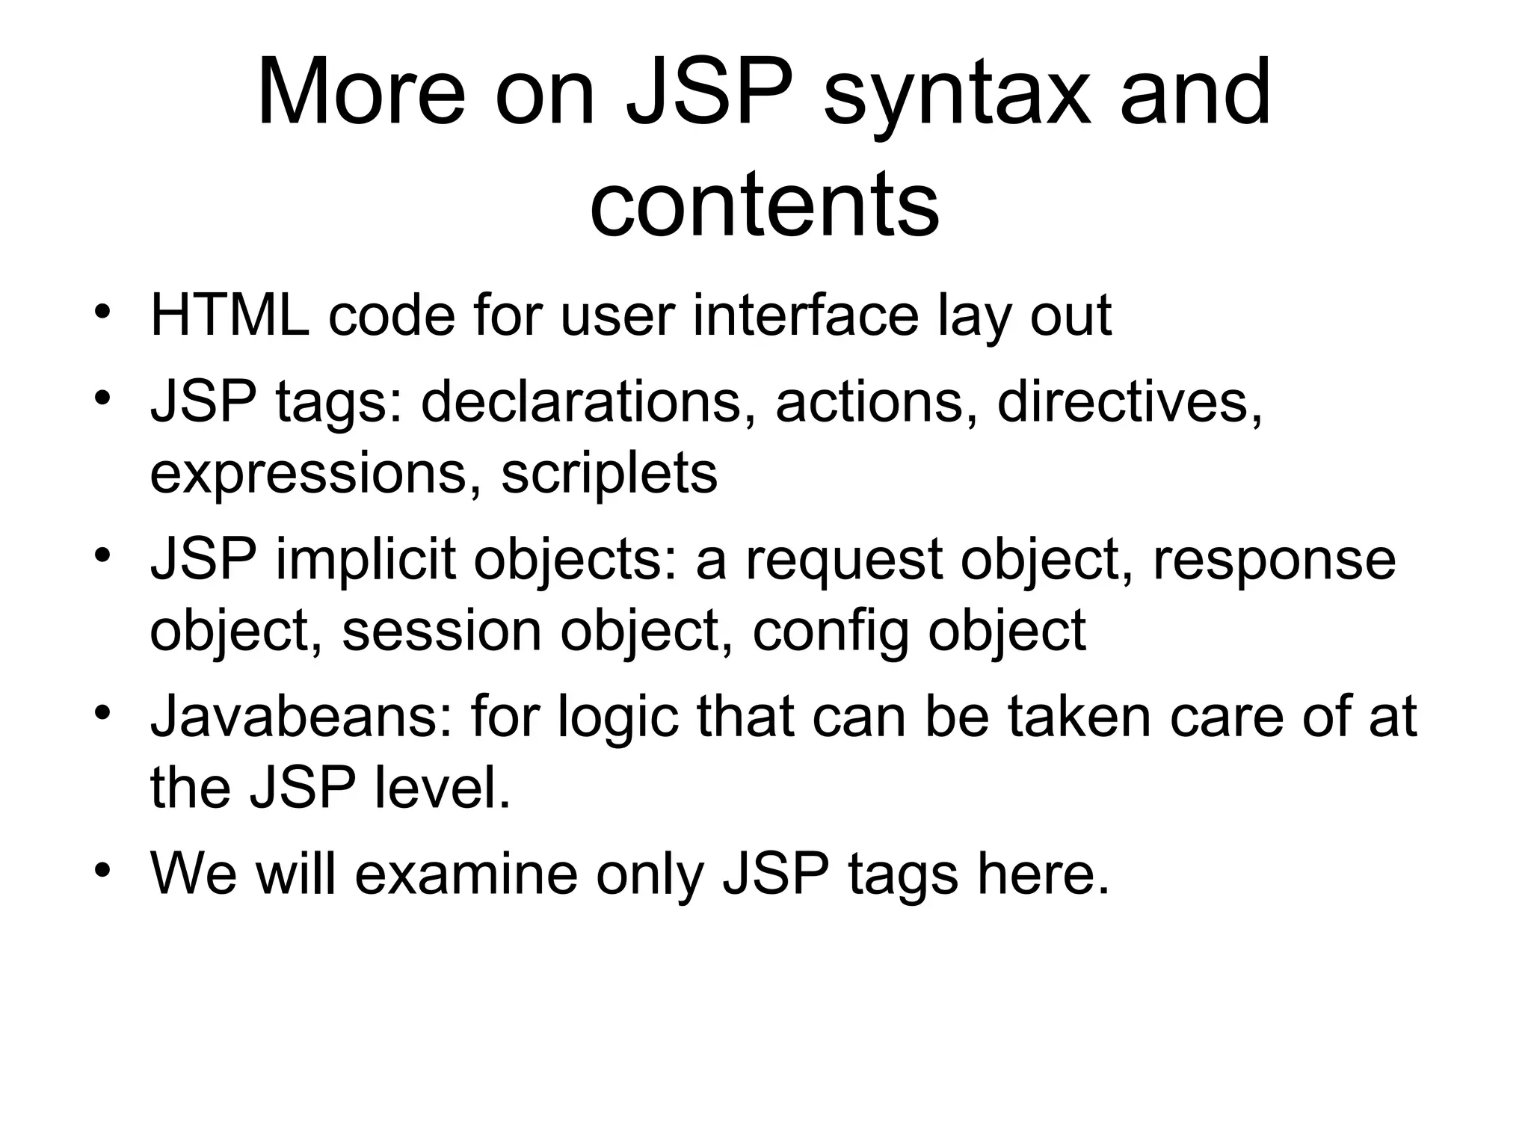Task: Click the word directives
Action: [x=1129, y=402]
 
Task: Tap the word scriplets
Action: [x=609, y=475]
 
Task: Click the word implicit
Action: [x=366, y=561]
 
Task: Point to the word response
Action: [x=1273, y=561]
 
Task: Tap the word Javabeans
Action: [x=301, y=716]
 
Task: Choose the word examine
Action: [x=466, y=874]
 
